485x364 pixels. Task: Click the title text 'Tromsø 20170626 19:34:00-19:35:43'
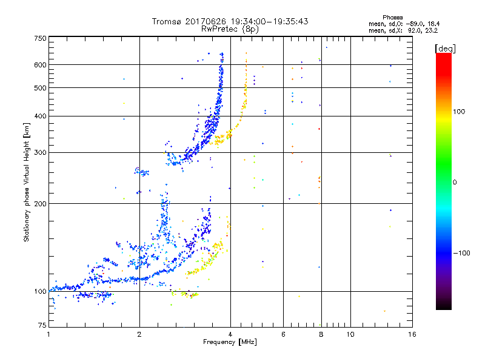(230, 21)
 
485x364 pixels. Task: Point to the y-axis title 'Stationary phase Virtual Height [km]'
(27, 183)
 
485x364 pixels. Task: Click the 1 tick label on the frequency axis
(48, 335)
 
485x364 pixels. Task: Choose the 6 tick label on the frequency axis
(283, 335)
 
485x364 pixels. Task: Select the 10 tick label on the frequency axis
(350, 335)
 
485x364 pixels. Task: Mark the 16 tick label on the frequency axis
(412, 335)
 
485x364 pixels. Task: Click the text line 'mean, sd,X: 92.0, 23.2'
(399, 29)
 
